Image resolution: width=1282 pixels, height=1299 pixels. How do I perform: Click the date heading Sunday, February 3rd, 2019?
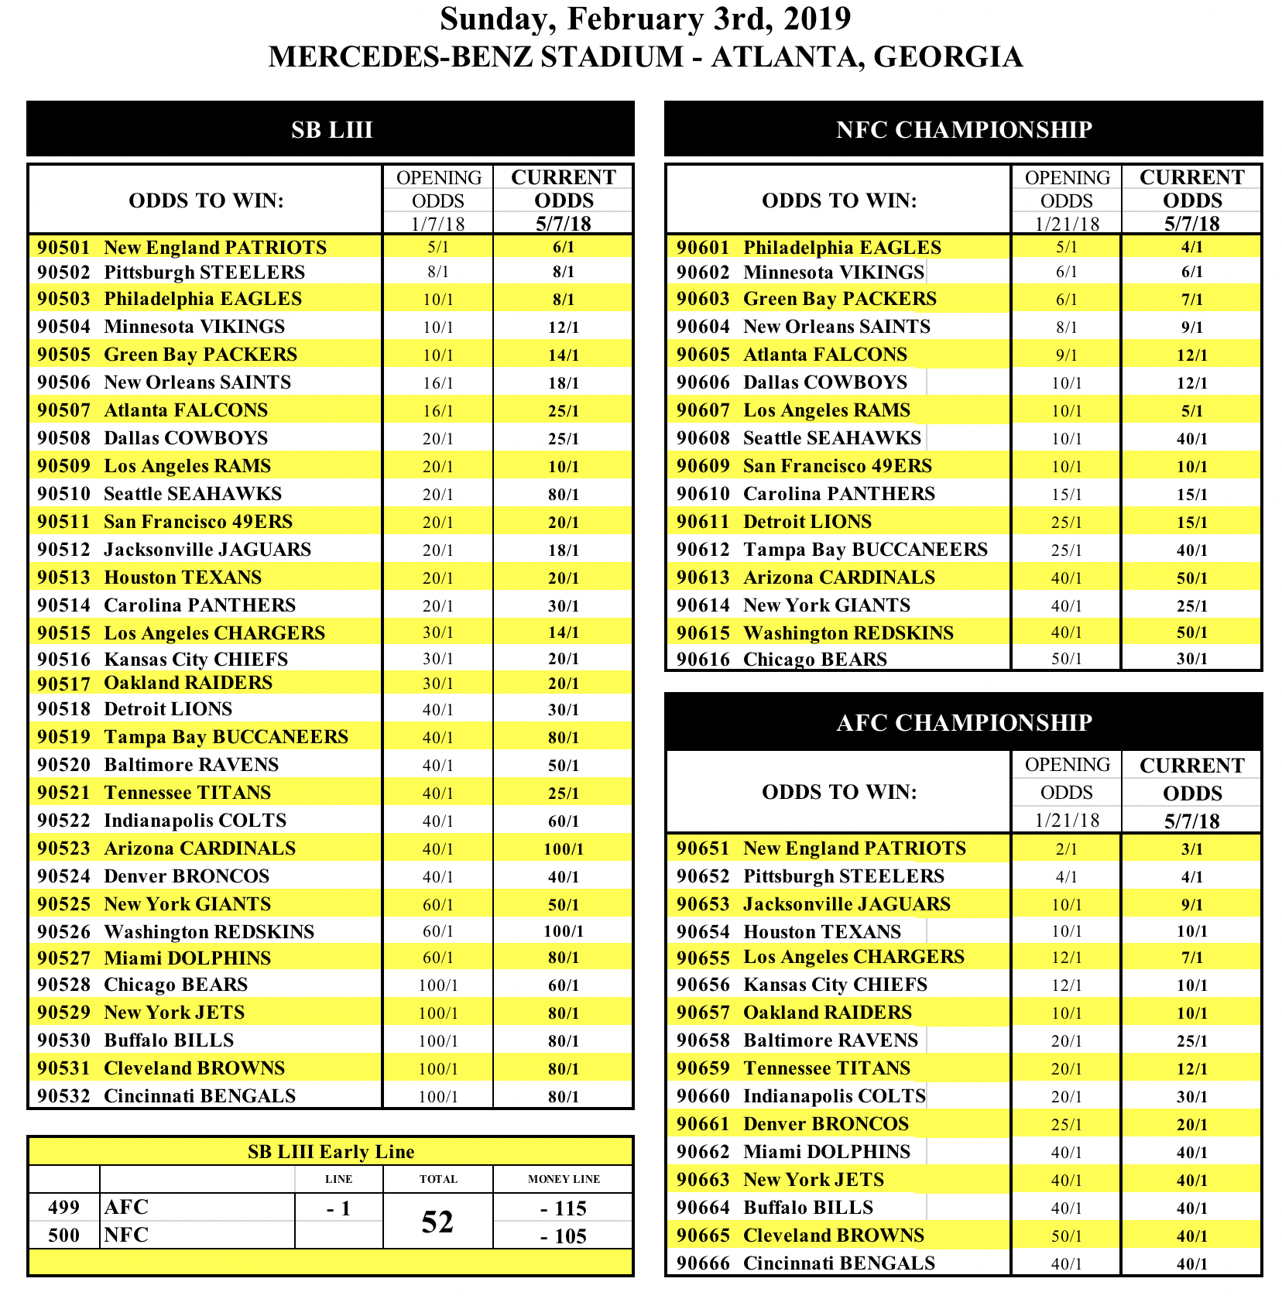[x=645, y=19]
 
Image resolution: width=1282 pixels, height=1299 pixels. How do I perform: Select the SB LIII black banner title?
[x=331, y=129]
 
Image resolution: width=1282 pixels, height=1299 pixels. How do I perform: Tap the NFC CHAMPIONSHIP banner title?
[x=963, y=129]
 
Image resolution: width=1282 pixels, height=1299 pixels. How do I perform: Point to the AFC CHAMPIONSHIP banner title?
[x=963, y=722]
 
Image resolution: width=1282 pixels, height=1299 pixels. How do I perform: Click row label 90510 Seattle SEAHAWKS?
[x=159, y=494]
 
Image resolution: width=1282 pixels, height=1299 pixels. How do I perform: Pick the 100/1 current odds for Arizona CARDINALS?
[x=563, y=848]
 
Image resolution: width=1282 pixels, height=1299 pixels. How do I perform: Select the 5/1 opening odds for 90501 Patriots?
[x=437, y=247]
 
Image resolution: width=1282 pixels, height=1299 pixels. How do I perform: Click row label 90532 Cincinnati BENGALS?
[x=166, y=1096]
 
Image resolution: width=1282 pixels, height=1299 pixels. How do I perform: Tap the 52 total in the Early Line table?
[x=437, y=1222]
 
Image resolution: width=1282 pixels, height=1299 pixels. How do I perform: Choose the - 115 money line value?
[x=564, y=1208]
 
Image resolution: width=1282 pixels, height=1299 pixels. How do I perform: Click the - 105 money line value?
[x=564, y=1236]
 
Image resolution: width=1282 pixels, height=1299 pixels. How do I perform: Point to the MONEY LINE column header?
[x=564, y=1179]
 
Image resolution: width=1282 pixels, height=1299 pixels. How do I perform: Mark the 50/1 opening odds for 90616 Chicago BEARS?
[x=1066, y=659]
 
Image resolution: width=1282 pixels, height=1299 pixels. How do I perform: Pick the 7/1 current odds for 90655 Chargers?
[x=1191, y=958]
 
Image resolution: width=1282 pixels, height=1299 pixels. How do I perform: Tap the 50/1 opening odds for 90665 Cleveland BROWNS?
[x=1066, y=1236]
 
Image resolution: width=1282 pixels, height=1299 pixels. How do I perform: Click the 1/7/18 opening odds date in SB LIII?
[x=437, y=224]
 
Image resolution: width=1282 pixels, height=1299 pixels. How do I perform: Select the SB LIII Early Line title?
[x=331, y=1152]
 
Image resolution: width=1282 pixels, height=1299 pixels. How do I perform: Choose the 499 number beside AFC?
[x=63, y=1208]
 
